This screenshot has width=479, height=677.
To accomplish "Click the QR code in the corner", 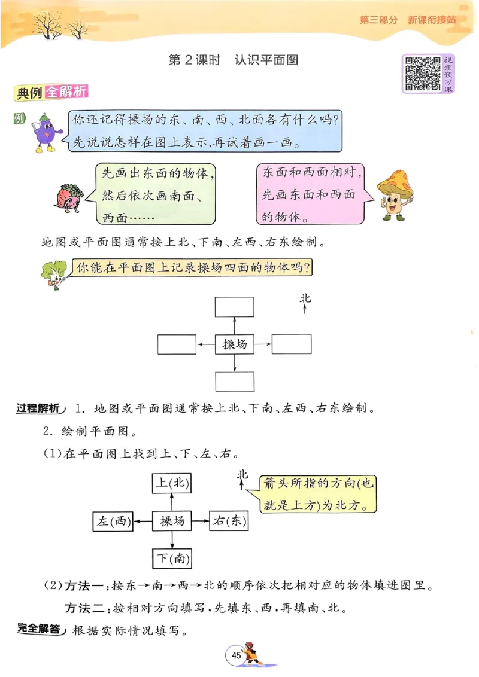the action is [x=423, y=74].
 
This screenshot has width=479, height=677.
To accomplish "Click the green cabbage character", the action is [x=53, y=276].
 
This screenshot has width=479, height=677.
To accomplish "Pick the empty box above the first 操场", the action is [x=235, y=306].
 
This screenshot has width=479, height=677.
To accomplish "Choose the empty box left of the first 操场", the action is [x=177, y=344].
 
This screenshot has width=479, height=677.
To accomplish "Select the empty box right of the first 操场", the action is [x=292, y=344].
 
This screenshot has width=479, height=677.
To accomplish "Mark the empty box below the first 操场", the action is [x=235, y=381].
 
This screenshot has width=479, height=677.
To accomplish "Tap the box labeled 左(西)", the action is [x=113, y=522].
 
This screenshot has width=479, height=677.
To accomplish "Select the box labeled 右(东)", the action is [x=228, y=522].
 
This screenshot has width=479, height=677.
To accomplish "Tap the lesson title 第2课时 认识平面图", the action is [x=234, y=60].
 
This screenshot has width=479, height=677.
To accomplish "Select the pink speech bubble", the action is [x=312, y=193].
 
